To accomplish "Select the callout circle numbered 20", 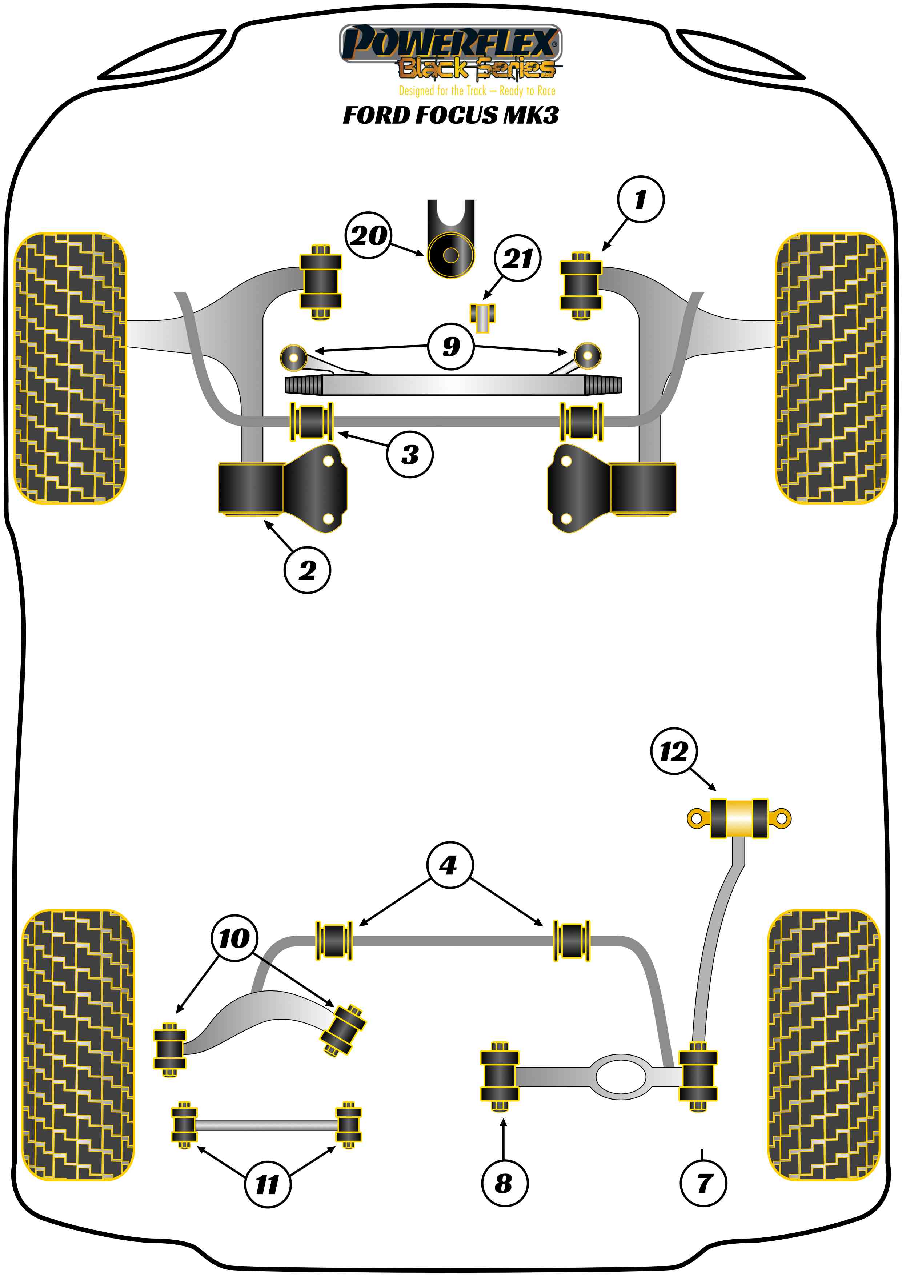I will [x=368, y=235].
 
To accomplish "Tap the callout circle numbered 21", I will [x=517, y=258].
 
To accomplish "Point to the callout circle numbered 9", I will [x=451, y=347].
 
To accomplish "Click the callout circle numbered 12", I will [x=674, y=752].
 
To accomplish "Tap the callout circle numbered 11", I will [x=267, y=1184].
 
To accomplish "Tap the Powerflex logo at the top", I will [x=450, y=43].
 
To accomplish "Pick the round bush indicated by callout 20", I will [x=450, y=255].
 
